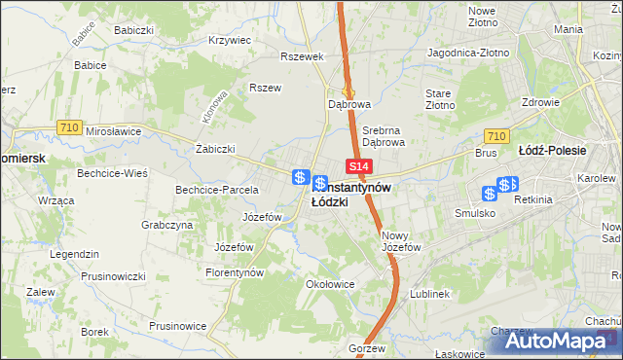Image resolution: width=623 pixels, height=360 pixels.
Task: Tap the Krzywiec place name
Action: tap(230, 41)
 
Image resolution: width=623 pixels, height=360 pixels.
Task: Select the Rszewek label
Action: tap(301, 56)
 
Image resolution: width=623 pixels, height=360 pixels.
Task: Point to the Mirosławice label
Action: tap(114, 130)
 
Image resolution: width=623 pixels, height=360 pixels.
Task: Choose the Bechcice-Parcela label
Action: tap(216, 190)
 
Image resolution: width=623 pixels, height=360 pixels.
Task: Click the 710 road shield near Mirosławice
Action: tap(68, 126)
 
